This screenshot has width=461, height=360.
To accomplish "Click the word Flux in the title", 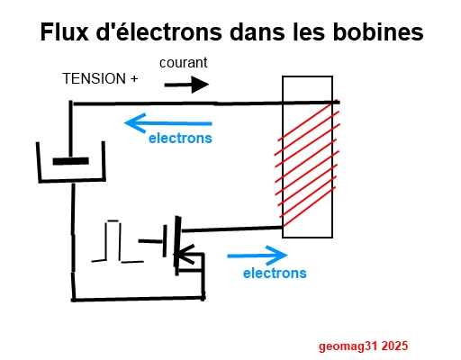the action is tap(65, 31).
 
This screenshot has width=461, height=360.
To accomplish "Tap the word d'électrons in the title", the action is tap(158, 31).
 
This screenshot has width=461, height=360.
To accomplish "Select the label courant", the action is tap(184, 63).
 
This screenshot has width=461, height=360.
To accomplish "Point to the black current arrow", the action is tap(186, 85).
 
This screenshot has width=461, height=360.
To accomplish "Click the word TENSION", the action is tap(94, 78).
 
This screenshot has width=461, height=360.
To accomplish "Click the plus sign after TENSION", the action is tap(134, 79).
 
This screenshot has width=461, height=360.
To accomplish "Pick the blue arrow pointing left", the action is tap(168, 123).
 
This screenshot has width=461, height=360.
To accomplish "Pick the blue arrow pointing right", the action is tap(258, 256).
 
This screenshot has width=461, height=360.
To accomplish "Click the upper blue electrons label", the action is tap(180, 139).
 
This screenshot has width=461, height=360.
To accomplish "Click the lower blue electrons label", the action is tap(275, 274).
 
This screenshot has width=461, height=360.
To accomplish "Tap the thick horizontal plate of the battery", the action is tap(71, 161).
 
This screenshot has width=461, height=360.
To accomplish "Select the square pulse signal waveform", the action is tap(118, 242).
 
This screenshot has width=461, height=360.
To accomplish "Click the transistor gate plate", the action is tap(165, 241).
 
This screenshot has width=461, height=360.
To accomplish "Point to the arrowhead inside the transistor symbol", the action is tap(184, 255).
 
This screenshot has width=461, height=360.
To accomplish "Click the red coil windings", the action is tap(307, 164).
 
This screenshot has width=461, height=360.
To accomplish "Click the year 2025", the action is tap(394, 346).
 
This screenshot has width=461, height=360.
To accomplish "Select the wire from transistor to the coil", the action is tap(231, 229).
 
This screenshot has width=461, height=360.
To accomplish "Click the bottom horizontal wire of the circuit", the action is tap(138, 299).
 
